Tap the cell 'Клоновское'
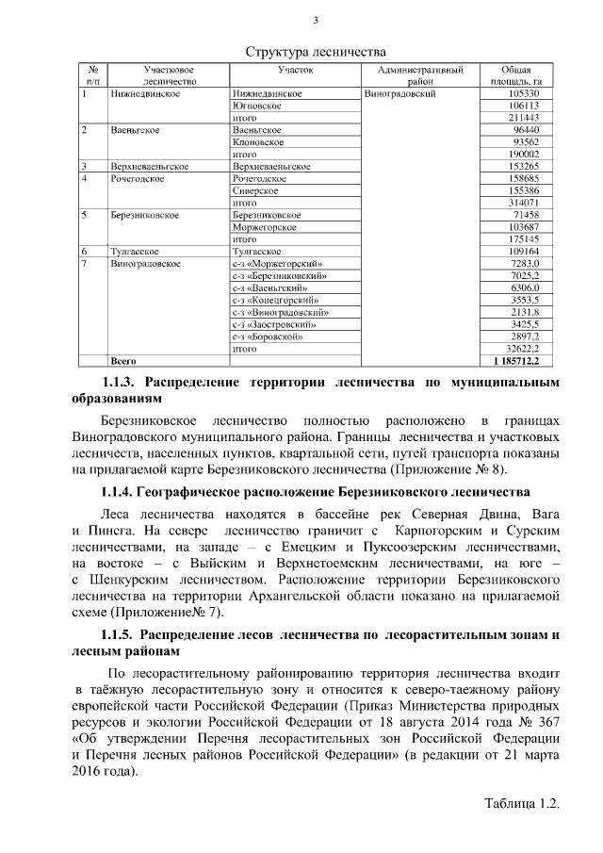[259, 141]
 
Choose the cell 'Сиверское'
[254, 190]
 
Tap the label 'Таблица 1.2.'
[522, 804]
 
